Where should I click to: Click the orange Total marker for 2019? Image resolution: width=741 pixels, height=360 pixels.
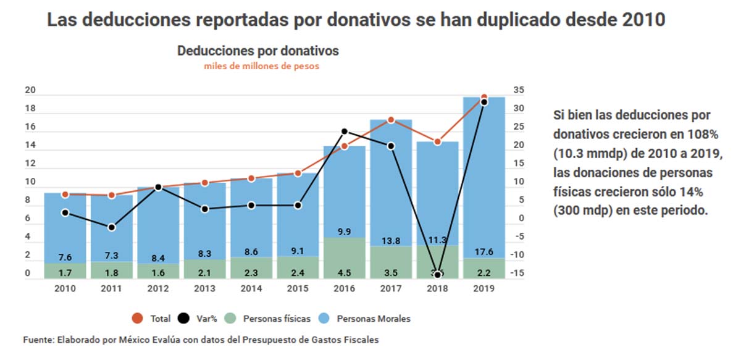click(x=484, y=98)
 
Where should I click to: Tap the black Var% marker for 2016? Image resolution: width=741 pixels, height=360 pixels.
click(x=345, y=132)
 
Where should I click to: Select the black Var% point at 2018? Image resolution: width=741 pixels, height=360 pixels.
click(x=438, y=274)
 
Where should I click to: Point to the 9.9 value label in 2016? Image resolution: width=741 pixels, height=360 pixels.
click(x=345, y=232)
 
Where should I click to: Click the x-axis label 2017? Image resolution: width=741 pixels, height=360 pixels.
click(x=391, y=288)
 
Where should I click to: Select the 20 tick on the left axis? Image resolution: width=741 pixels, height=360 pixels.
click(x=30, y=91)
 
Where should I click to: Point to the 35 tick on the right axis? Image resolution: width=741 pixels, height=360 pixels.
click(x=519, y=90)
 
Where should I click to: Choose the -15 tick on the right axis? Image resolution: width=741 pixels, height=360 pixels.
click(x=519, y=274)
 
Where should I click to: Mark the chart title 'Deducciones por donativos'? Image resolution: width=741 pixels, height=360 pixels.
click(x=258, y=51)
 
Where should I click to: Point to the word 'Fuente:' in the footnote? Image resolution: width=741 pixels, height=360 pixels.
click(x=38, y=340)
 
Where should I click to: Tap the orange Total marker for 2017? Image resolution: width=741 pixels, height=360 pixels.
click(x=391, y=120)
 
